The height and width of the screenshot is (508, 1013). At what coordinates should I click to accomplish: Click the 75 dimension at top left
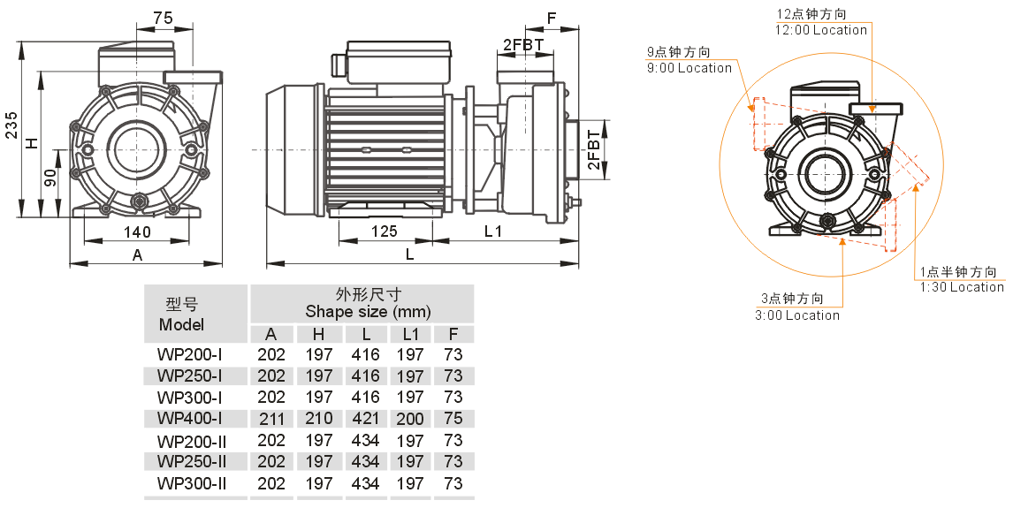163,18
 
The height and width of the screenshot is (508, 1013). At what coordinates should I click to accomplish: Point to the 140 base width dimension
137,231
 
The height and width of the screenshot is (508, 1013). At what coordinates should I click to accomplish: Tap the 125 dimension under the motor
384,231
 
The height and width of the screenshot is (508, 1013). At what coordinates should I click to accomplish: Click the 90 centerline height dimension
51,177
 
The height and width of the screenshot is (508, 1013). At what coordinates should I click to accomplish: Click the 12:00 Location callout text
822,30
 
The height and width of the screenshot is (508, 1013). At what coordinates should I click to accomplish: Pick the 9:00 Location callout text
690,68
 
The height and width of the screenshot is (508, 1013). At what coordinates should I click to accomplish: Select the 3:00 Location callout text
797,315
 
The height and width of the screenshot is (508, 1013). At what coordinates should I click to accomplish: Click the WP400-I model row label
189,418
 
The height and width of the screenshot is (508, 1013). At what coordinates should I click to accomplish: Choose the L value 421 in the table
363,418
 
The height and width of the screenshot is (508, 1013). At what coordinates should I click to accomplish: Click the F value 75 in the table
453,418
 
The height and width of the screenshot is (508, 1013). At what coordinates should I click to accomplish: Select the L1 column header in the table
410,334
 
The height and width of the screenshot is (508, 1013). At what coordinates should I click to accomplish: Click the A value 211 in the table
271,418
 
